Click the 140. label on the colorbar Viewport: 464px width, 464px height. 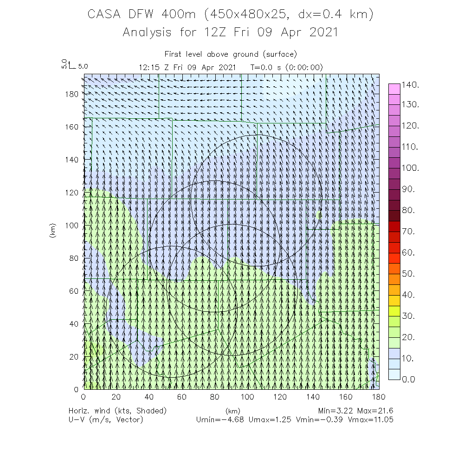point(411,85)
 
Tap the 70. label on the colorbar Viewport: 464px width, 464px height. point(409,232)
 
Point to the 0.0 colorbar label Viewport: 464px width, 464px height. point(409,380)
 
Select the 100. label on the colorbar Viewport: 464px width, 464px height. point(411,168)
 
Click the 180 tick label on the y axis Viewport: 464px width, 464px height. point(72,93)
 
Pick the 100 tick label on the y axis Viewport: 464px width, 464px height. point(72,225)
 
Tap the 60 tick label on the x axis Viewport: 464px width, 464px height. point(181,397)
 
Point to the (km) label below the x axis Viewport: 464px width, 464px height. point(232,411)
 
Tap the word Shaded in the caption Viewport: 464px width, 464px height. point(150,411)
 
